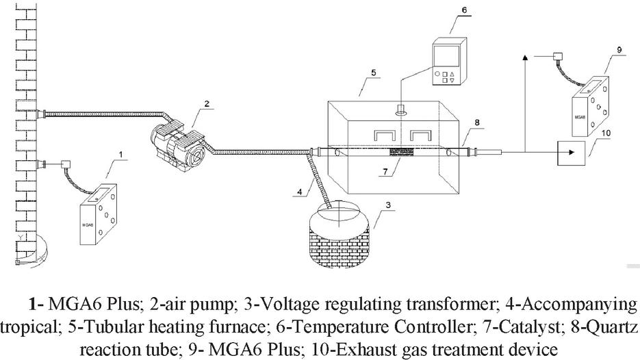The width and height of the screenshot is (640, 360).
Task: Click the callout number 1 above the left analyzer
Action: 121,155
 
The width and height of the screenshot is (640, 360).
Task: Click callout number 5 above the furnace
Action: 374,71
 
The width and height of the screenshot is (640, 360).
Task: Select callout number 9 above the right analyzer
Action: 619,49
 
